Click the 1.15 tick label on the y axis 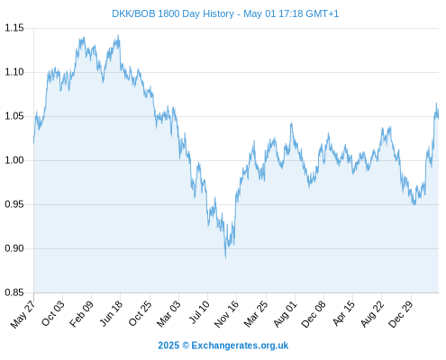(14, 28)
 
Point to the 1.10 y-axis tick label (14, 72)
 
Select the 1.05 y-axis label (14, 116)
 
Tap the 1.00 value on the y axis (14, 160)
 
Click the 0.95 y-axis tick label (14, 204)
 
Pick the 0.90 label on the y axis (14, 248)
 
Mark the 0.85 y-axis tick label (14, 292)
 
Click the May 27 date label (23, 314)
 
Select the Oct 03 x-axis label (52, 313)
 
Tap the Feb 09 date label (81, 313)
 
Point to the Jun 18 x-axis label (111, 313)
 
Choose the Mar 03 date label (168, 313)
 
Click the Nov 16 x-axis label (226, 314)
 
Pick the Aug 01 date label (285, 313)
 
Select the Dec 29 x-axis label (400, 314)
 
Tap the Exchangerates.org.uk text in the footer (240, 346)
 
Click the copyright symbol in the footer (186, 346)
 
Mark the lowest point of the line (225, 257)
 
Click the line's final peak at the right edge (436, 103)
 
